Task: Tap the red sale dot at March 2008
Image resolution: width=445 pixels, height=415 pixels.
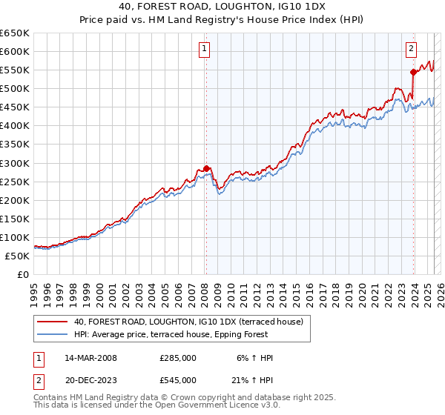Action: click(207, 167)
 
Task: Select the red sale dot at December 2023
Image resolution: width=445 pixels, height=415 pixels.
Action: click(413, 72)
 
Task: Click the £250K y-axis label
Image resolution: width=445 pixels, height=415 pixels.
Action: click(15, 182)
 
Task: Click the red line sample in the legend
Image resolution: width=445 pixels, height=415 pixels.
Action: click(53, 322)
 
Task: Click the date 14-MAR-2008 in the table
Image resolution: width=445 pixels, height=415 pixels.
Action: click(91, 358)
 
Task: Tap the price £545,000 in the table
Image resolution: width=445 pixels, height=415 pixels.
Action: click(178, 380)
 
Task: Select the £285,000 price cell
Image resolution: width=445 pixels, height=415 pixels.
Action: click(178, 358)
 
